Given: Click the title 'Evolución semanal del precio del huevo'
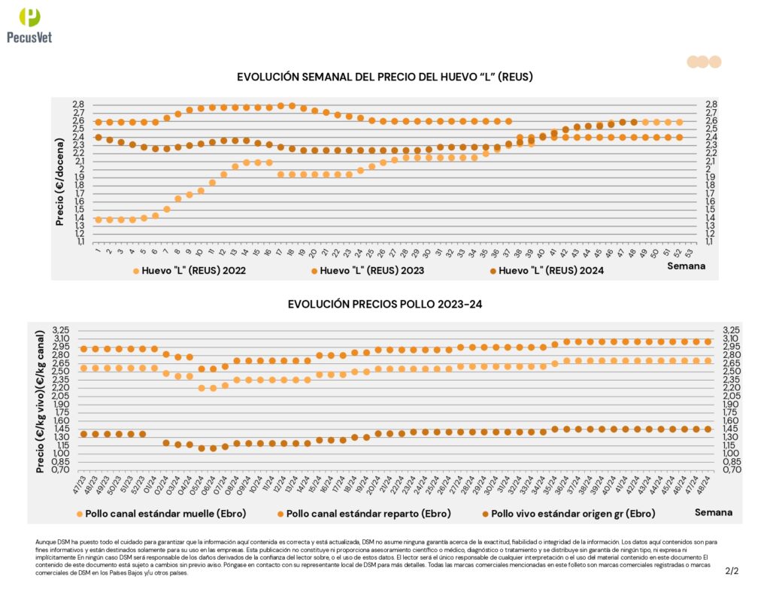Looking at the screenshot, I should (x=385, y=77).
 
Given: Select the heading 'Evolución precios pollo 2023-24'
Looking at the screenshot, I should (x=385, y=304).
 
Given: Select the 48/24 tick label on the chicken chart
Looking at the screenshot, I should (x=707, y=482).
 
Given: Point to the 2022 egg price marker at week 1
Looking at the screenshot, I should (x=98, y=220).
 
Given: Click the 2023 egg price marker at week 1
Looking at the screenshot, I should (x=98, y=122).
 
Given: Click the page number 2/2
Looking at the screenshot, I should (x=732, y=572).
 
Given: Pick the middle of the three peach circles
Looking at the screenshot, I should (x=702, y=62).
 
